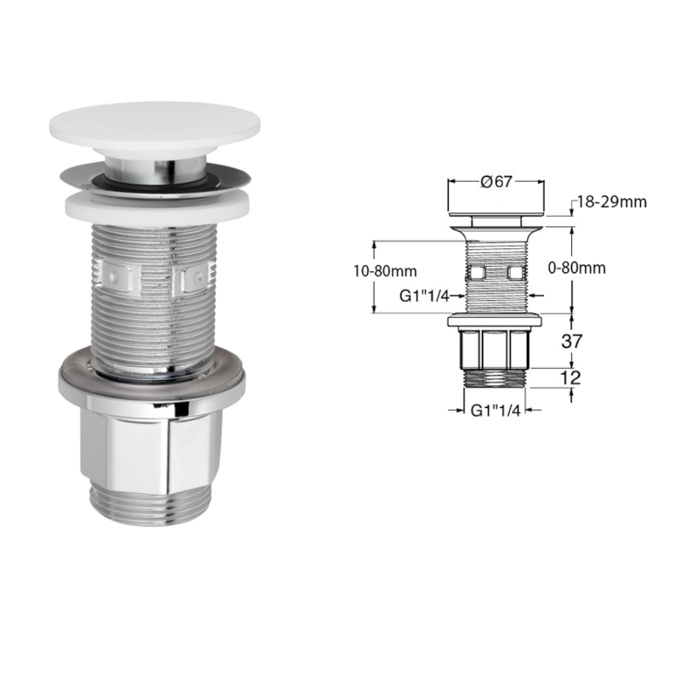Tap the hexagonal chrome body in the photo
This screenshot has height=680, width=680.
click(153, 446)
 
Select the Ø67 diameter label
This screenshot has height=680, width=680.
click(495, 181)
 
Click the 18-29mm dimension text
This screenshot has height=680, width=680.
click(612, 201)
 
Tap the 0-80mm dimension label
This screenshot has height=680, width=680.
click(577, 268)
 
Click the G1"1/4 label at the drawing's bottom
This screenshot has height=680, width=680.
click(495, 410)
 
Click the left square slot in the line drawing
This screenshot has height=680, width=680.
click(477, 272)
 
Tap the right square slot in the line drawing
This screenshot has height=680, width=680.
click(514, 272)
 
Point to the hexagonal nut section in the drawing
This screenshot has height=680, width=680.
click(495, 348)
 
